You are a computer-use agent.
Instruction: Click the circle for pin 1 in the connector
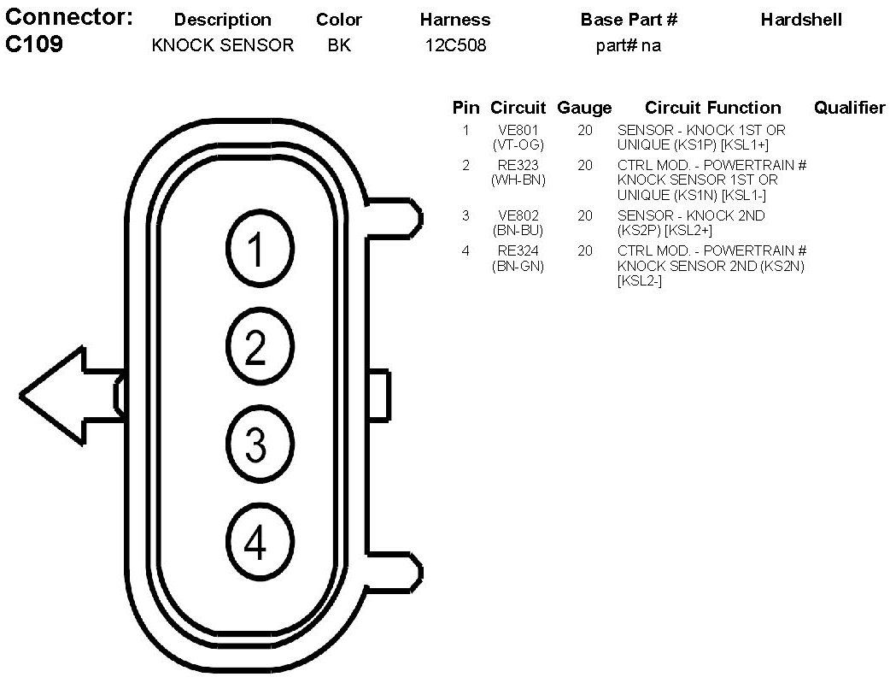click(x=255, y=249)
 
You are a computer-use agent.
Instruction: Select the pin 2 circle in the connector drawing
click(x=255, y=347)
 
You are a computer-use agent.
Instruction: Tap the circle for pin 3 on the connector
click(x=255, y=444)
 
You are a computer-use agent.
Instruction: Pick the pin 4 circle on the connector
click(x=255, y=543)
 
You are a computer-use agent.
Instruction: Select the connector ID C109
click(x=34, y=45)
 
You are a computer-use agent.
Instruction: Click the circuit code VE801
click(x=518, y=131)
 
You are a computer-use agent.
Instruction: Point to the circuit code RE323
click(x=518, y=166)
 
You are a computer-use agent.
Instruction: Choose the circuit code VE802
click(x=518, y=216)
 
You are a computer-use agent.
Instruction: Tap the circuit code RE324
click(x=518, y=251)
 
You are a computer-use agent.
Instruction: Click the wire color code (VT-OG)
click(x=518, y=145)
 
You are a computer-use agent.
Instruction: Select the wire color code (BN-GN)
click(x=518, y=266)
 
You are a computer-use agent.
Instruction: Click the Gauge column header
click(x=584, y=108)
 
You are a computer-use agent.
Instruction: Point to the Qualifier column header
click(x=849, y=108)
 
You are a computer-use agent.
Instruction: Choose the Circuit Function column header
click(x=712, y=108)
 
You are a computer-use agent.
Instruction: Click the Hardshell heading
click(x=801, y=20)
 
